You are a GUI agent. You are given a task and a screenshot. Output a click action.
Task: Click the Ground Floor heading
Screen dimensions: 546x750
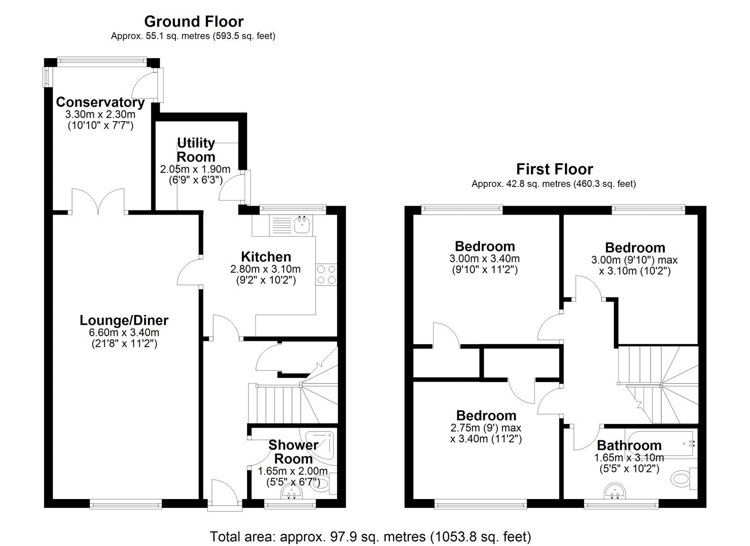[x=194, y=22]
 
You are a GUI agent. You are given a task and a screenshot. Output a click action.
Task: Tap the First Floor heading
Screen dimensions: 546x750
[x=554, y=169]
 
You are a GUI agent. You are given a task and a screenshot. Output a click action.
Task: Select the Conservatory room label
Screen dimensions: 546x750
[x=100, y=102]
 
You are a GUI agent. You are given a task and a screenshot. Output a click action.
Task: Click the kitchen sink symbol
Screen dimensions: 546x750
[x=302, y=224]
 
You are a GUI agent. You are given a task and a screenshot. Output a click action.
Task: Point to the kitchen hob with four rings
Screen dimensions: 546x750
[x=326, y=275]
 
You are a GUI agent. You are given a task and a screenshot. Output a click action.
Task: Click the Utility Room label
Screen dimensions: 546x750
[x=196, y=150]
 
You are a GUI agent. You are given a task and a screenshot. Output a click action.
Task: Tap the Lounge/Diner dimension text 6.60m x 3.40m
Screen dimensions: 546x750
[x=124, y=332]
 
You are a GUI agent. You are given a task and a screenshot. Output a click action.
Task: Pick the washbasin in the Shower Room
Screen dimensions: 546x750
[x=292, y=493]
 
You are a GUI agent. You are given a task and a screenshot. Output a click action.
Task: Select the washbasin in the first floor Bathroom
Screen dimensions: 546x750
[x=615, y=493]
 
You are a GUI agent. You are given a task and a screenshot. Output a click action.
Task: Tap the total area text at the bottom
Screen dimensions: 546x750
[x=370, y=536]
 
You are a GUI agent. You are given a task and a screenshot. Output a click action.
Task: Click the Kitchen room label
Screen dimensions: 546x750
[x=266, y=257]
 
